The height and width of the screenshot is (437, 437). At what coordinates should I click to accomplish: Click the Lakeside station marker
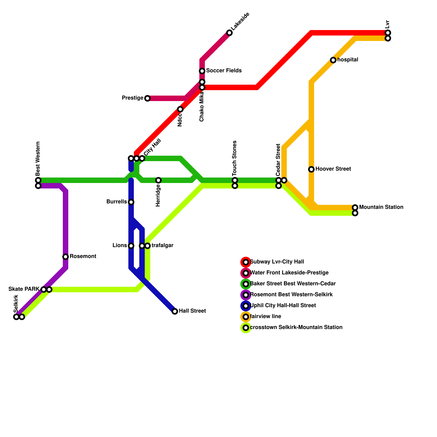(x=229, y=33)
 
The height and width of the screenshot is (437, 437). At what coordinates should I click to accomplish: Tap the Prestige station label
(x=132, y=98)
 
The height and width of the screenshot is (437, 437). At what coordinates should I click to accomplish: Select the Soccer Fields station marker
(x=202, y=71)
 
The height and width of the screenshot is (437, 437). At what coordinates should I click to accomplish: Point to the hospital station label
(x=348, y=60)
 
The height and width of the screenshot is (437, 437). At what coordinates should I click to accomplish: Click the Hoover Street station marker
(x=311, y=169)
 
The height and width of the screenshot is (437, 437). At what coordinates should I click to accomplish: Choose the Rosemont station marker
(x=66, y=257)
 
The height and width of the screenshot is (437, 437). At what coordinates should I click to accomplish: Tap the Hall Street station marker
(x=175, y=311)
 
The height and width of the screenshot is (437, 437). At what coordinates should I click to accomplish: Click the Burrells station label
(x=117, y=202)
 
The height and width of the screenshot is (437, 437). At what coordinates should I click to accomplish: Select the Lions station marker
(x=131, y=246)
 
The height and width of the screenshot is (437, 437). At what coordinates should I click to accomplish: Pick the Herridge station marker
(x=158, y=180)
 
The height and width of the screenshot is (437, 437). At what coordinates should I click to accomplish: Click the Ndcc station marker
(x=180, y=109)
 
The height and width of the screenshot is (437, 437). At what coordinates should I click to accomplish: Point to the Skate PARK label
(x=24, y=289)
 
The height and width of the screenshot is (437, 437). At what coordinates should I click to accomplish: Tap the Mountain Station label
(x=381, y=207)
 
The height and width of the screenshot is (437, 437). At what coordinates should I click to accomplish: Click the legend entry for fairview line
(x=265, y=317)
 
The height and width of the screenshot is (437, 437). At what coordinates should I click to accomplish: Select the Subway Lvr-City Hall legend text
(x=277, y=262)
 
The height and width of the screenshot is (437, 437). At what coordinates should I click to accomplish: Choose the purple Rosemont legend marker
(x=246, y=295)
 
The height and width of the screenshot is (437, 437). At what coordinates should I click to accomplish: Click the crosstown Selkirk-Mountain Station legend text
(x=296, y=327)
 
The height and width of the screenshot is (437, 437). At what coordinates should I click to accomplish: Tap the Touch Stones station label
(x=235, y=158)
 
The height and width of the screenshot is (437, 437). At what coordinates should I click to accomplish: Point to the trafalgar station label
(x=162, y=246)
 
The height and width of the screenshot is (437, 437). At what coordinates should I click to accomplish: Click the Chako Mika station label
(x=202, y=107)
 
